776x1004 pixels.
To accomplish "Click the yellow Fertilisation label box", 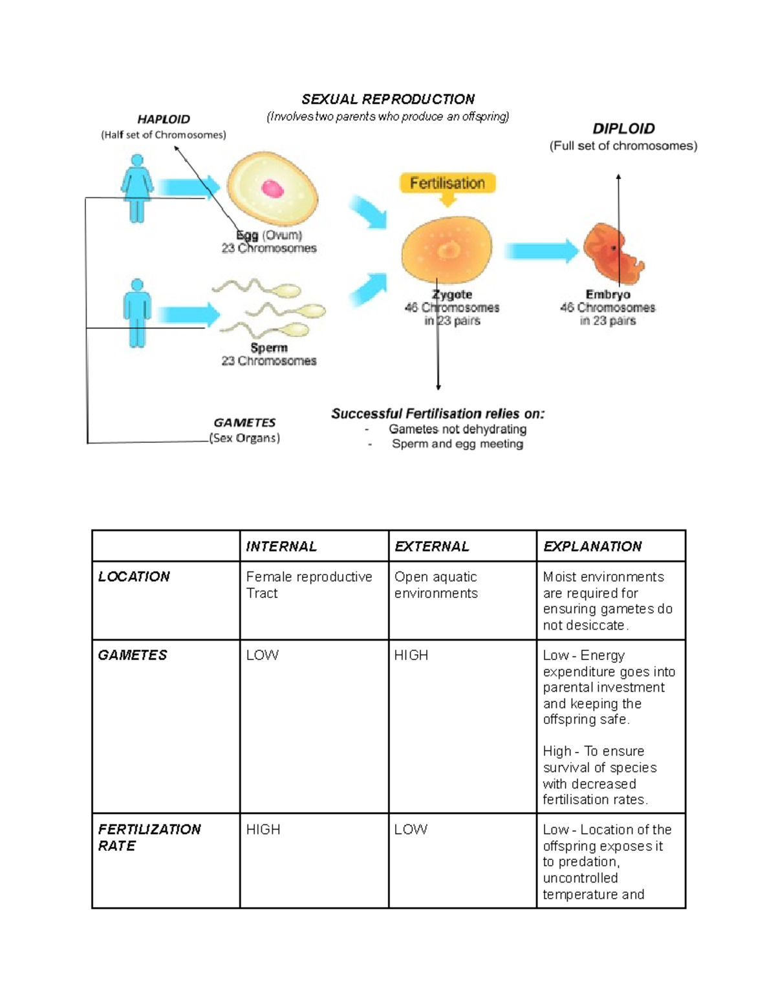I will coord(447,183).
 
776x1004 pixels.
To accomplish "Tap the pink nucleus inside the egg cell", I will coord(272,189).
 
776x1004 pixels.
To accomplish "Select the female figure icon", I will coord(136,188).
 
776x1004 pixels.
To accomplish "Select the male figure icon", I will coord(136,313).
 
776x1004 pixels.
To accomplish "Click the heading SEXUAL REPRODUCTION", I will coord(388,99).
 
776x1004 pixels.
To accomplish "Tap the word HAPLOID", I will coord(164,119).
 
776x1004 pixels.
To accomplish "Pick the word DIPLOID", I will coord(623,129).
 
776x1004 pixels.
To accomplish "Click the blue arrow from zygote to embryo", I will coord(541,251).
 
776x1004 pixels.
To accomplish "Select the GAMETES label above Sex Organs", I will coord(244,422).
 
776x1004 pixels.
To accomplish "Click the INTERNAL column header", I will coord(281,546).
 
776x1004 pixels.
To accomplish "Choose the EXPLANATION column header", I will coord(592,546).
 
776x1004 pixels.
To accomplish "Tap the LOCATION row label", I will coord(134,576).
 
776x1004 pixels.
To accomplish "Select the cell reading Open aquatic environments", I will coord(436,584).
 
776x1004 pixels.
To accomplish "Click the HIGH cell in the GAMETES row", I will coord(411,655).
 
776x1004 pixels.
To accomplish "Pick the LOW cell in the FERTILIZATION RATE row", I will coord(411,829).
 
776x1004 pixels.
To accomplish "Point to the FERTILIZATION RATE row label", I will coord(149,837).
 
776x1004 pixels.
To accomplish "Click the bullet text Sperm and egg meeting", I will coord(457,443).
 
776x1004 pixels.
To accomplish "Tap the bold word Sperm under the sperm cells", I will coord(268,347).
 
